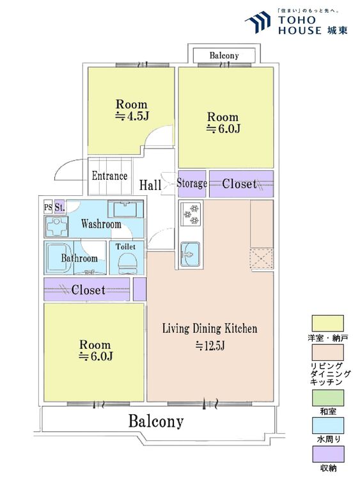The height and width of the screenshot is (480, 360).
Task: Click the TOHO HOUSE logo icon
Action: (258, 22)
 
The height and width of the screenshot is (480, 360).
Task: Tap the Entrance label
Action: (109, 176)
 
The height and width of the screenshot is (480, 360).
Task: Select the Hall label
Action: (150, 185)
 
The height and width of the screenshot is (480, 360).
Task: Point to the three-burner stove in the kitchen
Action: (191, 214)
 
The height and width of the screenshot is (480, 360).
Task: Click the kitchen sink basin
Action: (190, 254)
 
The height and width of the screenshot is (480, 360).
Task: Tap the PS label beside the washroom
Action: (48, 207)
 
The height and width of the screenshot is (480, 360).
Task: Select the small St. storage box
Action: (59, 207)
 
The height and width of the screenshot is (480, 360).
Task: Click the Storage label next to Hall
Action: (192, 184)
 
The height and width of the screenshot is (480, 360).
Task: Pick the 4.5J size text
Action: (132, 116)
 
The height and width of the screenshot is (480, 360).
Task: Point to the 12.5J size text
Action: (210, 346)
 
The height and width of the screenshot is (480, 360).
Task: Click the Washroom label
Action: (101, 224)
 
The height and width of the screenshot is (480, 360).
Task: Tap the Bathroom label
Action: (79, 258)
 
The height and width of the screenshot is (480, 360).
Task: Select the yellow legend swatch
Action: (327, 324)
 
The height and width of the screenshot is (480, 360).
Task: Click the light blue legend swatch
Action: (327, 426)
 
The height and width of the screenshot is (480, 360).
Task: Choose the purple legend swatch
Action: (327, 454)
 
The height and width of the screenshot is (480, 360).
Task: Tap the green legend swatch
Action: (327, 398)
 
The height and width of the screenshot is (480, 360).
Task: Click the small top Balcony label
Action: (224, 56)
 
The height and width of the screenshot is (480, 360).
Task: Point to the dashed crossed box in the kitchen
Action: (262, 259)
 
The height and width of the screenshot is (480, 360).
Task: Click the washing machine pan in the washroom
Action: (56, 227)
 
